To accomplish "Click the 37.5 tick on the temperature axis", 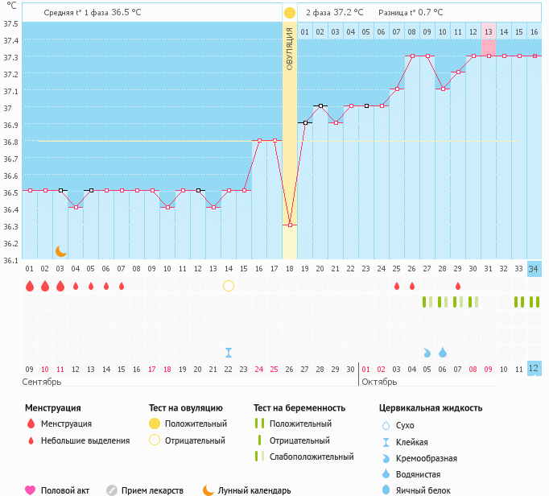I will (x=10, y=23).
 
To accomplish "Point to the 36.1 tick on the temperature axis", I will (x=10, y=260).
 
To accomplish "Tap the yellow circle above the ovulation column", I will (x=290, y=13).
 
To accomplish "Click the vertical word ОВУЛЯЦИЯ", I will (x=290, y=49).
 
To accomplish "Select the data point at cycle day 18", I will (x=290, y=225).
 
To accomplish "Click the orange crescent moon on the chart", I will (x=60, y=251).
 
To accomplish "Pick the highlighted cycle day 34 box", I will (x=534, y=268).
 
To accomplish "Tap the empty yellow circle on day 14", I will (x=229, y=286).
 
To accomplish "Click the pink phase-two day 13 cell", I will (x=489, y=31).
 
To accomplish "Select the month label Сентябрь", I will (x=42, y=382).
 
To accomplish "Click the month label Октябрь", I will (x=379, y=382).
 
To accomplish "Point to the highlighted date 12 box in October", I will (x=534, y=368).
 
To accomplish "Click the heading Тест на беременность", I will (x=299, y=408).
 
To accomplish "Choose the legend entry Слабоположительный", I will (x=312, y=457).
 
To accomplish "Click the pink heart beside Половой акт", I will (x=31, y=490).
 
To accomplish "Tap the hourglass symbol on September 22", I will (x=229, y=352).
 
